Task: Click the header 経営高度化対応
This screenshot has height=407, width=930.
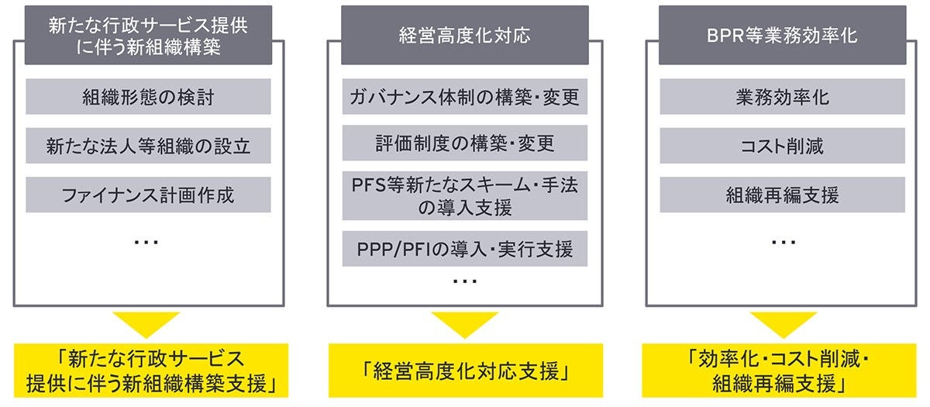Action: tap(464, 36)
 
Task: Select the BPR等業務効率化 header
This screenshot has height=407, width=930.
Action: tap(783, 36)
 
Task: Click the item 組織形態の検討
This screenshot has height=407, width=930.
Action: tap(147, 97)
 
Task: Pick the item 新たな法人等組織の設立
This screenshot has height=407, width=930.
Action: tap(147, 145)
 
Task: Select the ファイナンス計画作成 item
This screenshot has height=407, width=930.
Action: tap(147, 195)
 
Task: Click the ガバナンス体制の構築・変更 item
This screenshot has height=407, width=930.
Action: tap(465, 98)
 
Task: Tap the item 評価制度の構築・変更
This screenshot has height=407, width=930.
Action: tap(465, 143)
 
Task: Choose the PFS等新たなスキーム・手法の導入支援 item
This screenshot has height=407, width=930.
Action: tap(465, 195)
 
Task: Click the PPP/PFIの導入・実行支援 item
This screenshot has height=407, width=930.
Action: tap(465, 250)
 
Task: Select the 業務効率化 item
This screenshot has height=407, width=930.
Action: tap(783, 97)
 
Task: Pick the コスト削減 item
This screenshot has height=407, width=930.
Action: tap(783, 145)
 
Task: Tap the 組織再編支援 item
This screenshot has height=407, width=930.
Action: tap(783, 194)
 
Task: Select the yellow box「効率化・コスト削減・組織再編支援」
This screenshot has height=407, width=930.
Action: tap(783, 371)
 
